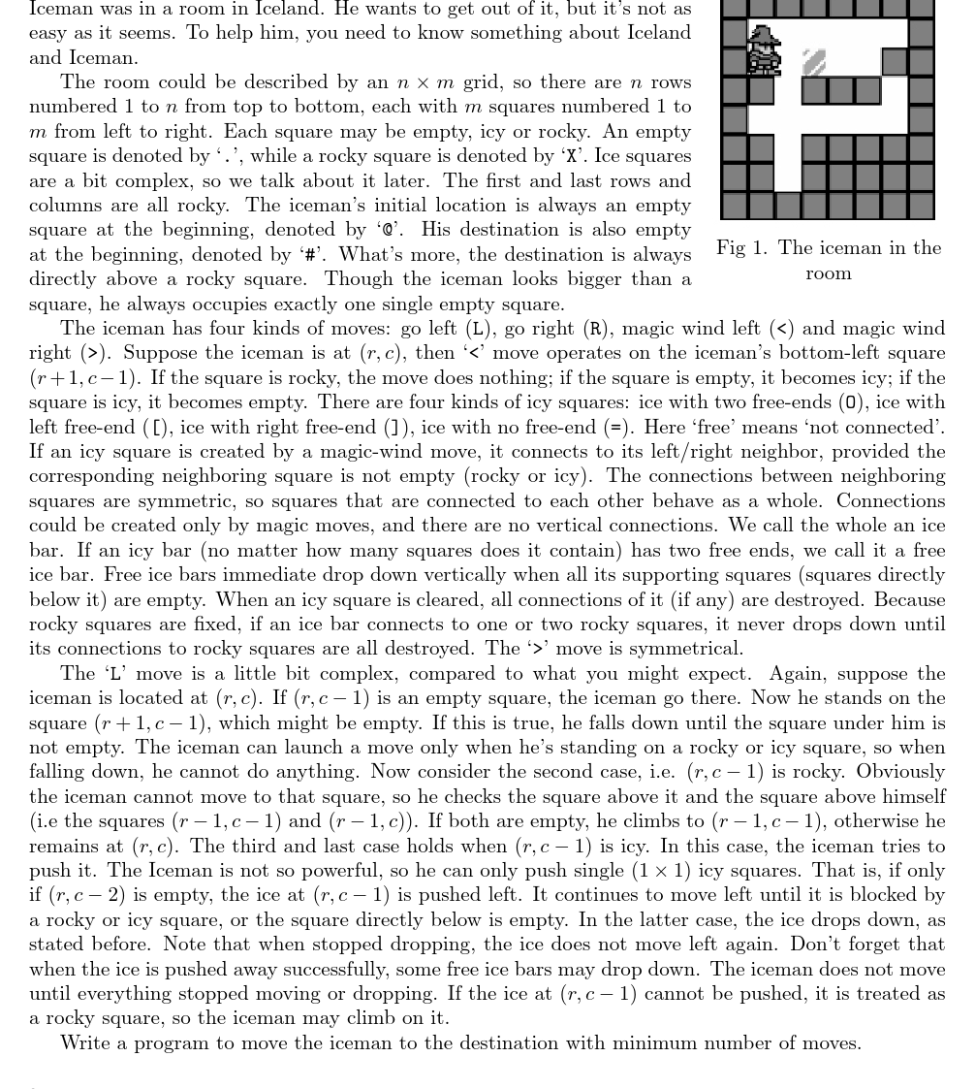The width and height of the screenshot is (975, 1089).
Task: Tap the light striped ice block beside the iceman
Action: coord(814,62)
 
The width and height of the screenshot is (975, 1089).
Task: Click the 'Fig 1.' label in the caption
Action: coord(741,248)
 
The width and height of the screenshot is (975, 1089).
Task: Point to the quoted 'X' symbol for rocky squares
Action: coord(572,156)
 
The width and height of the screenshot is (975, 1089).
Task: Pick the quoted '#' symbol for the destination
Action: coord(311,255)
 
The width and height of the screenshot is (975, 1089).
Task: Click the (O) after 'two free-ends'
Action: coord(850,402)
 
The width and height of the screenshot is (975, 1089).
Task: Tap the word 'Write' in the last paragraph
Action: coord(84,1043)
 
